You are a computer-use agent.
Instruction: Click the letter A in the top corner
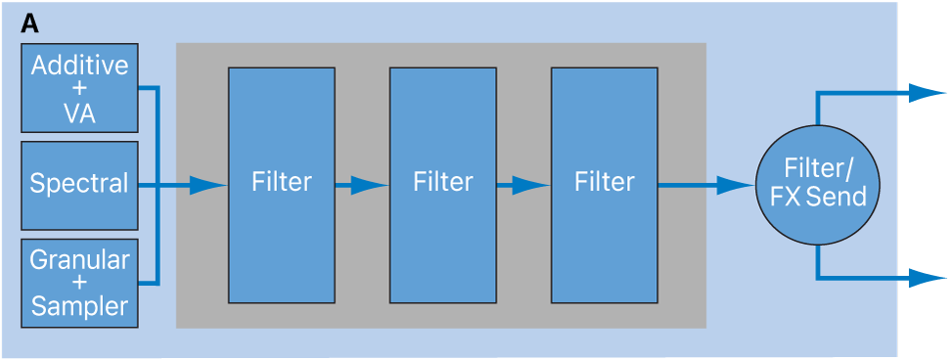30,22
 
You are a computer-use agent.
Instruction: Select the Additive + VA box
79,89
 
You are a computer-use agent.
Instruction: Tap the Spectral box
79,184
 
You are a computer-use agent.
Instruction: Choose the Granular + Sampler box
79,283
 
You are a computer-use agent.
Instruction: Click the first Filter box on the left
281,184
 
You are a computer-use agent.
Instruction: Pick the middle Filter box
442,184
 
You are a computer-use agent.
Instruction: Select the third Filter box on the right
604,184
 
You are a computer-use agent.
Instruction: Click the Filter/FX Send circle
817,184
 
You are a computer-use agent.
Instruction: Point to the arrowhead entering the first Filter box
206,184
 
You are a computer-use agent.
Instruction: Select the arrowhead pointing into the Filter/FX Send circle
736,184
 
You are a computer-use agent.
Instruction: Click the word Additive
79,67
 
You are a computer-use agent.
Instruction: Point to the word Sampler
79,306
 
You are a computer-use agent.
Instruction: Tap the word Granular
79,260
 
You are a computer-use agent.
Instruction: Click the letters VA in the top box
79,113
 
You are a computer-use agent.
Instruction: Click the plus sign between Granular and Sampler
79,283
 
